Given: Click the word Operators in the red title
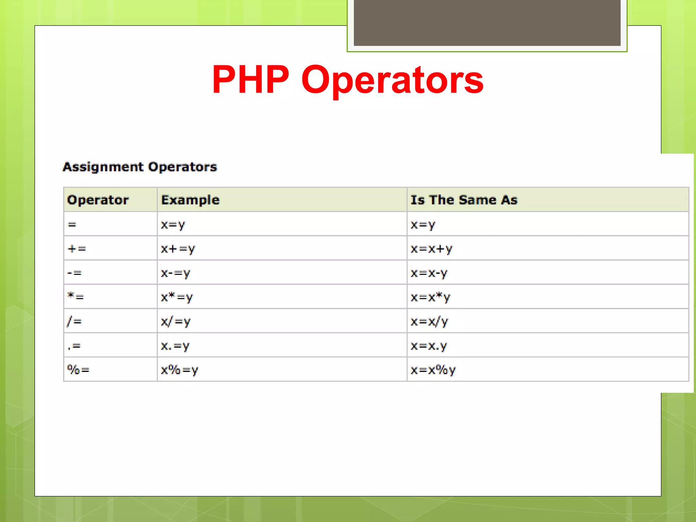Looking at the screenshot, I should [392, 81].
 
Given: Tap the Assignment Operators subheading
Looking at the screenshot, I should [140, 167].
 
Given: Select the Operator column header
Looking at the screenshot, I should [98, 200].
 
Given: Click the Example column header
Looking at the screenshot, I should [190, 200].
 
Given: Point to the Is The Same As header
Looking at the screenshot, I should [464, 200].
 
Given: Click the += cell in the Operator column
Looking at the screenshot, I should [77, 249].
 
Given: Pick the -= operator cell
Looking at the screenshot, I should [75, 273].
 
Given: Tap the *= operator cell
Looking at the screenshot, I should [75, 297].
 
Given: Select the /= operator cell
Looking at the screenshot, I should [74, 321].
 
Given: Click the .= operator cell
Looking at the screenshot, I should [74, 346].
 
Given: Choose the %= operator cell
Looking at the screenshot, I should [78, 369].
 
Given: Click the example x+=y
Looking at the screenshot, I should [178, 249].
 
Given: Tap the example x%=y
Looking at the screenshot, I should [179, 370].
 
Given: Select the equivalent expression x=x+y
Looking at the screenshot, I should [432, 249].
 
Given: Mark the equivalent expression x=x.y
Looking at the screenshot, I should [429, 346].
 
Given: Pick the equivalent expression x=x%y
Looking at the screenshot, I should [433, 370].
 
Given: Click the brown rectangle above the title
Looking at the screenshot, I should [487, 22].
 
